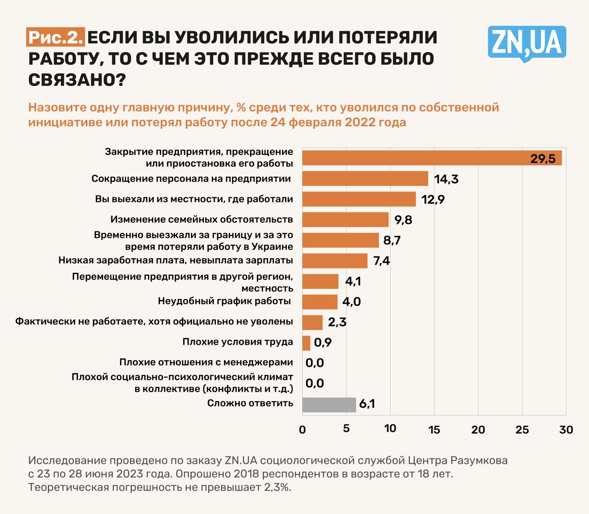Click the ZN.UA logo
point(526,43)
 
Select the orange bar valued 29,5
point(432,158)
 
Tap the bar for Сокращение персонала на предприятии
point(365,179)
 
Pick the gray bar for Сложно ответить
point(329,404)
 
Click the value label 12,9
point(433,200)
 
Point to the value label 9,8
point(403,220)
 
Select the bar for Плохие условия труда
point(306,343)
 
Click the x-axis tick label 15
point(434,430)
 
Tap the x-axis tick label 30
point(566,430)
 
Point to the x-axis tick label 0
point(302,430)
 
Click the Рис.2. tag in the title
point(55,37)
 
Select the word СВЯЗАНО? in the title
point(77,80)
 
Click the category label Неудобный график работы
point(224,301)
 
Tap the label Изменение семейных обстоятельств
point(202,219)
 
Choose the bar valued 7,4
point(335,261)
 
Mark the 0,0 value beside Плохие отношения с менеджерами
point(315,363)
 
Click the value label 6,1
point(367,404)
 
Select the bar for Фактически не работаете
point(312,322)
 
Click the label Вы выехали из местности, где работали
point(194,199)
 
